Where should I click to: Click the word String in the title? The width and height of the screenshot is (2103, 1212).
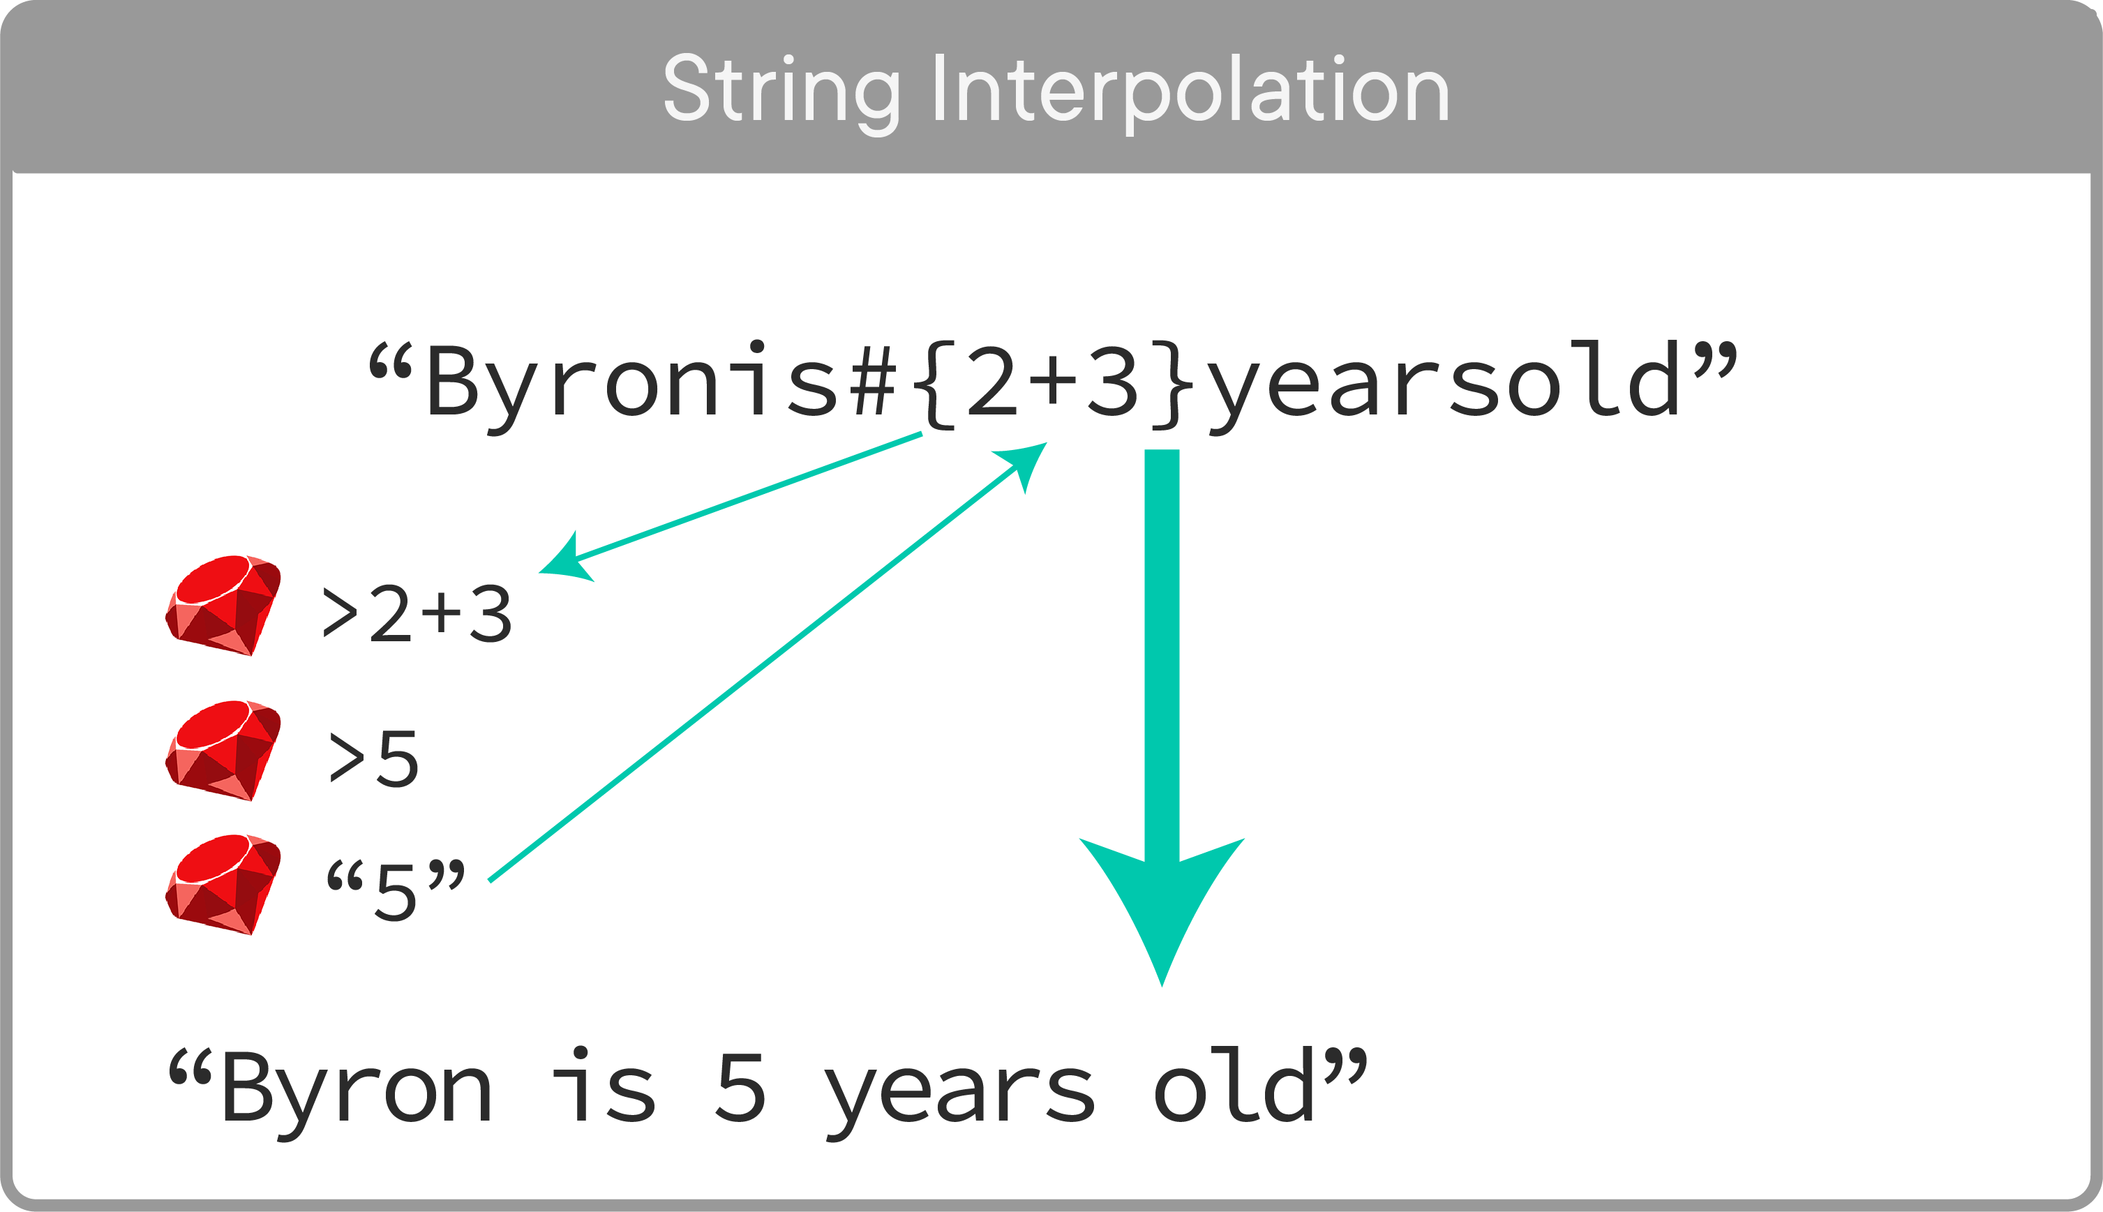[781, 90]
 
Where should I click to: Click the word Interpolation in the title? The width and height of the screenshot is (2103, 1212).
[1190, 90]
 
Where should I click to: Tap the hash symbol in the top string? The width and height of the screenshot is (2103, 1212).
[873, 381]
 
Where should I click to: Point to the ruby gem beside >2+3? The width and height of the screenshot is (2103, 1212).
[223, 605]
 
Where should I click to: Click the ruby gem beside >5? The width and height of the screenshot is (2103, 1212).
[223, 751]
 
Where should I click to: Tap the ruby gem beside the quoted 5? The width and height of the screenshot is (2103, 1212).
[223, 884]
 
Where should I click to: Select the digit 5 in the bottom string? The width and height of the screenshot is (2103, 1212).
[740, 1087]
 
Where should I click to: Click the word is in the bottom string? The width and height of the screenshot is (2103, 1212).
[604, 1086]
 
